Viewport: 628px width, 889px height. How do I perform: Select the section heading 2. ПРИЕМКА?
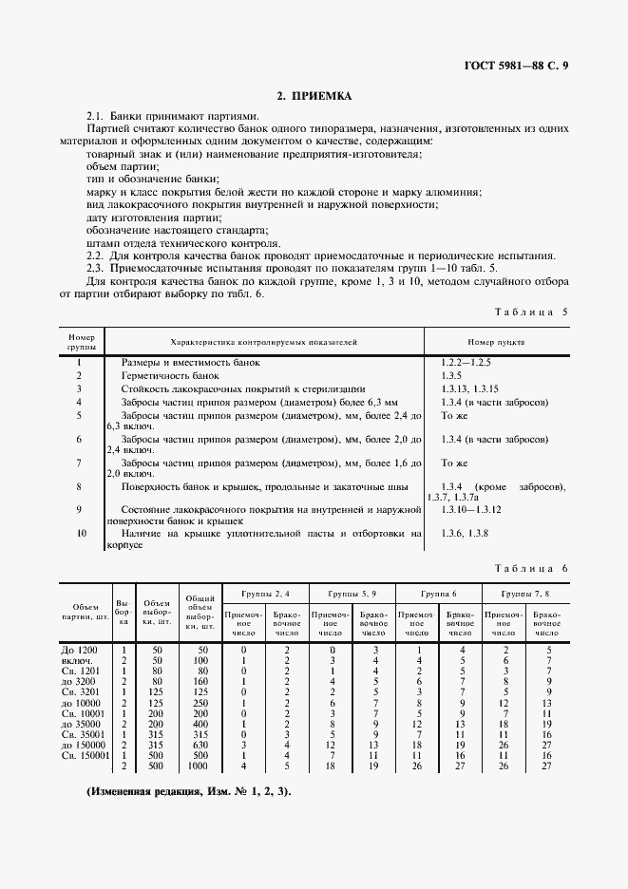coord(314,96)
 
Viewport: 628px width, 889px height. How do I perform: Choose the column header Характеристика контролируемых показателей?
coord(264,341)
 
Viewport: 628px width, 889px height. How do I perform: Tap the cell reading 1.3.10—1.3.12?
coord(474,510)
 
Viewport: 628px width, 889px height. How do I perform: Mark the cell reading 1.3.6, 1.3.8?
coord(465,534)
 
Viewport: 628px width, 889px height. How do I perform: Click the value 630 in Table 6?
coord(200,745)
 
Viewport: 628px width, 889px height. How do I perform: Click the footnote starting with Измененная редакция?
coord(189,790)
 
